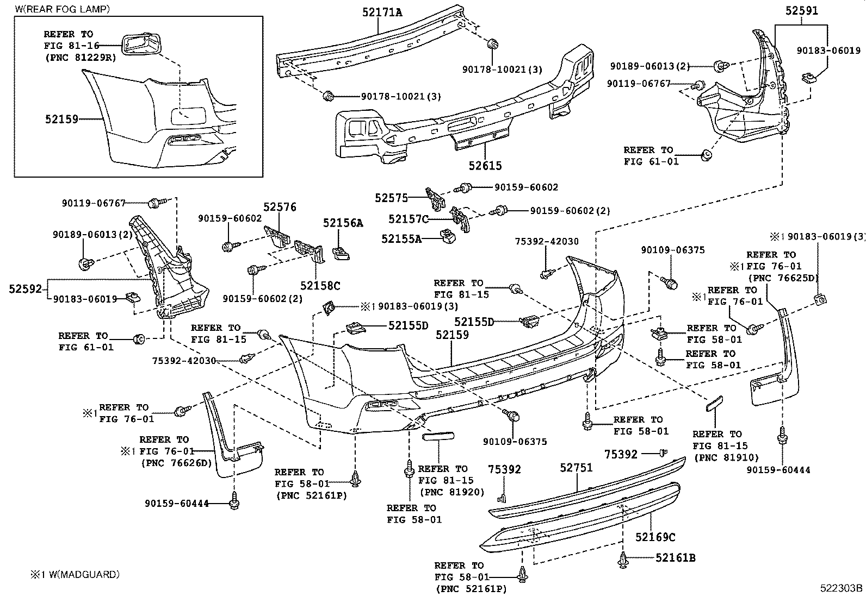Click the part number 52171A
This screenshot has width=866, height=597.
[382, 11]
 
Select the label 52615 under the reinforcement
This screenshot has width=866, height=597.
[485, 165]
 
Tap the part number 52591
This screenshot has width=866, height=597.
[801, 11]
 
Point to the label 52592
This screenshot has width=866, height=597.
[25, 289]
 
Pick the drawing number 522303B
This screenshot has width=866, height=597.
[842, 588]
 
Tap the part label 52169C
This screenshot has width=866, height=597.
[655, 537]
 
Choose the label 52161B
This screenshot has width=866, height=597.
[675, 557]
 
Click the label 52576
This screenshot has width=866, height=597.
[280, 207]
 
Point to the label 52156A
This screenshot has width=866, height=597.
[343, 223]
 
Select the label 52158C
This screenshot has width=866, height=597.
[320, 285]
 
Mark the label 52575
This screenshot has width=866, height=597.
[391, 198]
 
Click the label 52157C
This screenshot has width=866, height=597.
[409, 219]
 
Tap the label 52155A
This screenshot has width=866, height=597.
[401, 237]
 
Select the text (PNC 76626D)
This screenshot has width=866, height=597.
[176, 463]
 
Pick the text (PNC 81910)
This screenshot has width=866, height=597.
[726, 458]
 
